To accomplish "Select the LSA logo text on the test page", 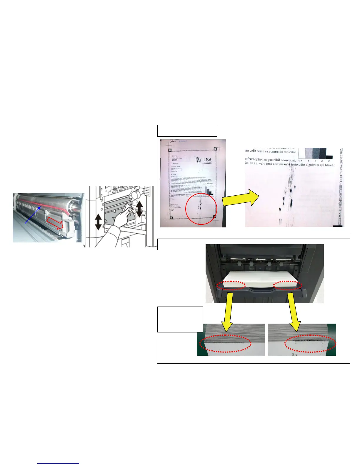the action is (207, 160).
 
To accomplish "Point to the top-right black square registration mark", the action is (215, 149).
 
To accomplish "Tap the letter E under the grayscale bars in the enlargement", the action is (329, 161).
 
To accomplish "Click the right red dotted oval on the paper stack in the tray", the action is (288, 285).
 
